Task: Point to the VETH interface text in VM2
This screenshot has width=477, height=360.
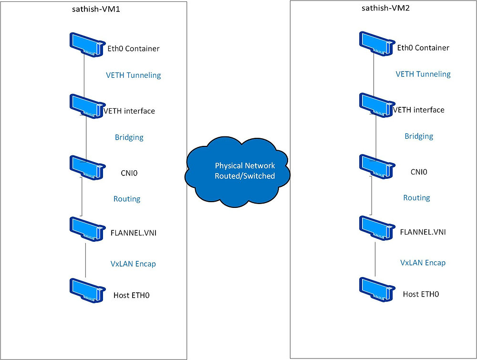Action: point(418,110)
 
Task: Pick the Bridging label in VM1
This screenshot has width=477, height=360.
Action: point(129,137)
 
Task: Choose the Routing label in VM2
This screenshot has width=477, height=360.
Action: point(416,198)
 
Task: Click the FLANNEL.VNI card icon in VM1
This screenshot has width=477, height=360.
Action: point(86,230)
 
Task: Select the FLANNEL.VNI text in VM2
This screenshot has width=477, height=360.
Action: point(423,232)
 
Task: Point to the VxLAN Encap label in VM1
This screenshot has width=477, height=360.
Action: point(133,264)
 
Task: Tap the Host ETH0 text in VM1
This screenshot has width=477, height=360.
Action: point(132,295)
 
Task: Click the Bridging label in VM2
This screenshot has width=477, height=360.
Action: point(419,136)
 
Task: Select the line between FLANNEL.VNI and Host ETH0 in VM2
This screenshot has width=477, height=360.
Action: point(375,260)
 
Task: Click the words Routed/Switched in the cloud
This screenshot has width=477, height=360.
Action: point(245,176)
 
